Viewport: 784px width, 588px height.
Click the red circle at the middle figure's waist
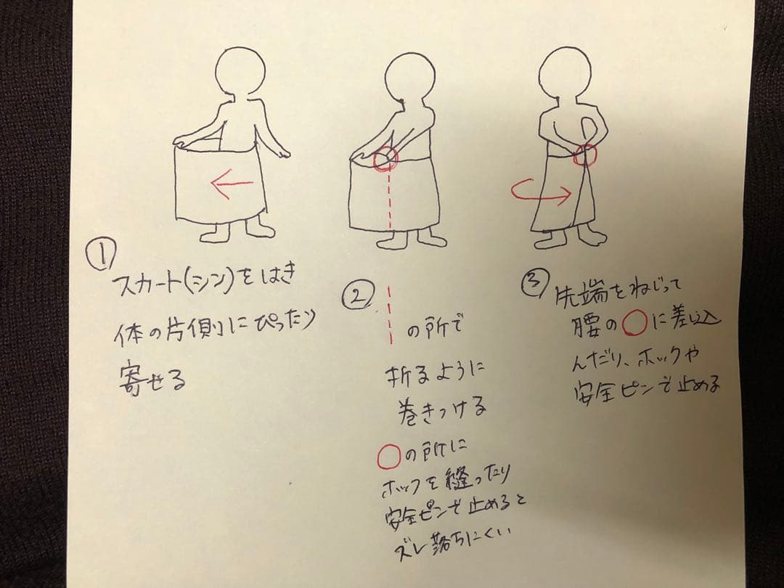pos(386,159)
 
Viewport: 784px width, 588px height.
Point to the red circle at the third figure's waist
pos(585,155)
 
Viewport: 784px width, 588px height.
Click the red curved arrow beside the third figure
pos(542,192)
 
